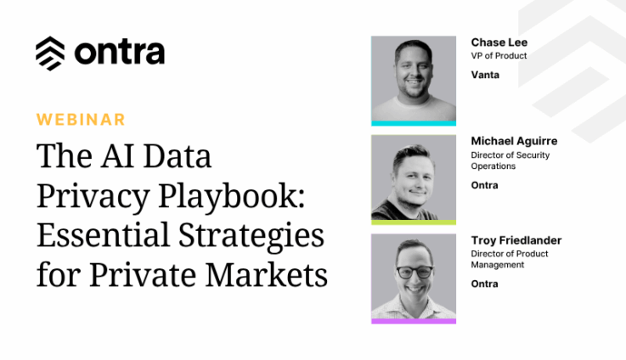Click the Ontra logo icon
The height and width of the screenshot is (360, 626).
tap(50, 53)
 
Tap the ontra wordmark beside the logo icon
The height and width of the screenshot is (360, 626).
tap(120, 53)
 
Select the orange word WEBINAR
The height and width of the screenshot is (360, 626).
tap(81, 120)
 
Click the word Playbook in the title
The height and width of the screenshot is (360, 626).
tap(232, 195)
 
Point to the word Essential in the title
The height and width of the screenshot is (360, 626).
tap(104, 234)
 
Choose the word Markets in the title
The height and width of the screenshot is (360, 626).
tap(267, 274)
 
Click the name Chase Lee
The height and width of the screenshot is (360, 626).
tap(499, 42)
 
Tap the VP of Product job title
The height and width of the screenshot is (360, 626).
tap(499, 56)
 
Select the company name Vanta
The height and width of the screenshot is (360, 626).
tap(485, 75)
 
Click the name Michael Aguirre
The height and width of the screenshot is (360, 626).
tap(514, 141)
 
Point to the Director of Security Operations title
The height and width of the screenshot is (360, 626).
tap(510, 160)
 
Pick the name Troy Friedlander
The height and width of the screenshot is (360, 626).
tap(516, 240)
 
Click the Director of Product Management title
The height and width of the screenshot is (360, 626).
tap(510, 259)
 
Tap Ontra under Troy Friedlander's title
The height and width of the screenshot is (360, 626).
tap(484, 284)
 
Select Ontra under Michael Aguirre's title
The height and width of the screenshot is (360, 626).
tap(484, 185)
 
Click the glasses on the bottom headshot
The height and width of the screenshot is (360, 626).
tap(415, 273)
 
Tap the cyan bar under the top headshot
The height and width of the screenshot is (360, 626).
tap(414, 123)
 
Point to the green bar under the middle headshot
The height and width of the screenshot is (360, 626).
tap(414, 222)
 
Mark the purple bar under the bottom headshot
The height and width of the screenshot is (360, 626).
tap(414, 321)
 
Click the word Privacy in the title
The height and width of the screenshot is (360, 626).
tap(93, 195)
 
